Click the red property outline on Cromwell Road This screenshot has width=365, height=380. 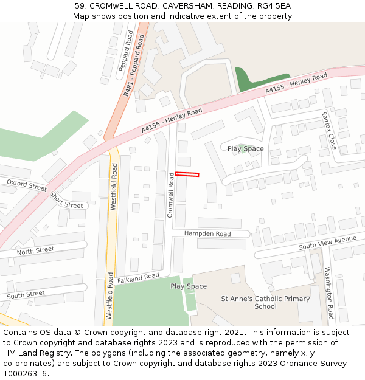click(187, 174)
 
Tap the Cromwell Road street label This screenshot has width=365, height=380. click(172, 195)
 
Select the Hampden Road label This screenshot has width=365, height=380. click(207, 234)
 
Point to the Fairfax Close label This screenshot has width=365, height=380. click(329, 131)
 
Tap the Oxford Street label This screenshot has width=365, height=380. click(26, 185)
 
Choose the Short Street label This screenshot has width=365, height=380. click(66, 200)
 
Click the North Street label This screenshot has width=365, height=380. click(35, 250)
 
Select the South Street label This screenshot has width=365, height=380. click(26, 295)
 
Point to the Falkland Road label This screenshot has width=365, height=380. click(138, 277)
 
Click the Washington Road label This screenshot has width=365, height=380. click(328, 293)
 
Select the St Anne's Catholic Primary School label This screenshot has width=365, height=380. click(265, 302)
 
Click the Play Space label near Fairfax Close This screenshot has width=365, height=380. click(246, 148)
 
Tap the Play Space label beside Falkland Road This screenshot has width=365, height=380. click(189, 286)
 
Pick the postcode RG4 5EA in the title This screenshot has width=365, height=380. click(274, 6)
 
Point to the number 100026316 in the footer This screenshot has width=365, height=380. click(24, 373)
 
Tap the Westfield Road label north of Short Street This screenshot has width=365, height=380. click(114, 187)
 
